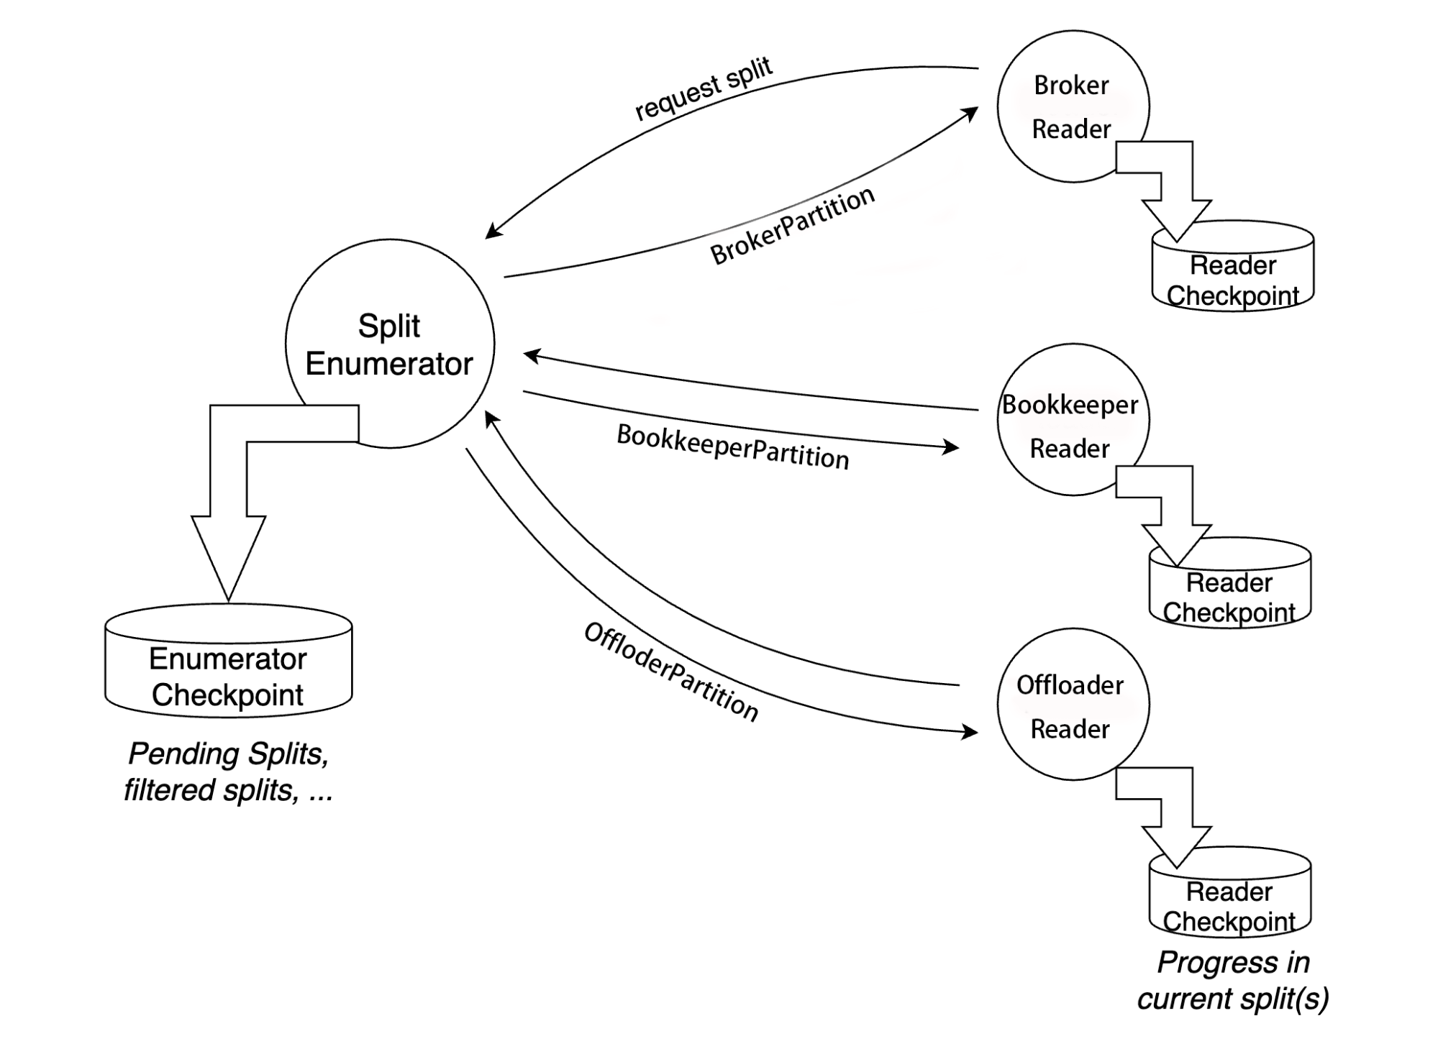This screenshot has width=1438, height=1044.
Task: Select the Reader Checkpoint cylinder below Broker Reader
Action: click(x=1232, y=277)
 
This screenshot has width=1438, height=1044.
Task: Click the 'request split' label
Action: click(x=703, y=89)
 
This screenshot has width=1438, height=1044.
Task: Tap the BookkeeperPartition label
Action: click(x=732, y=447)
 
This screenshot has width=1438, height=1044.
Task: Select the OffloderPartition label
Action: click(x=670, y=672)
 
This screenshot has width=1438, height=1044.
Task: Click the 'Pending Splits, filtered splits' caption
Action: click(x=228, y=771)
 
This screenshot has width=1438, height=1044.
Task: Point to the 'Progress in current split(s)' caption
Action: click(x=1233, y=980)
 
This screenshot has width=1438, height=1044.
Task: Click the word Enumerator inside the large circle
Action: click(x=389, y=364)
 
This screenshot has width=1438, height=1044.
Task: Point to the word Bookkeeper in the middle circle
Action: click(x=1070, y=405)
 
